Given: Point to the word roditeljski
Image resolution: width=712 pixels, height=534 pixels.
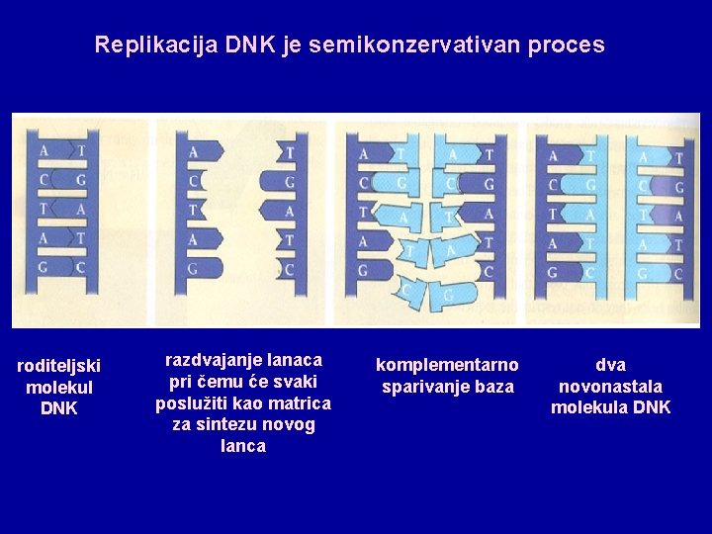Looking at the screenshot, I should [59, 366].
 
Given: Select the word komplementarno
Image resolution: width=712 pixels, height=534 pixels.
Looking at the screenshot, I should [447, 365].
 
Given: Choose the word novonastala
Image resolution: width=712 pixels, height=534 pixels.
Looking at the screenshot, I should [610, 386].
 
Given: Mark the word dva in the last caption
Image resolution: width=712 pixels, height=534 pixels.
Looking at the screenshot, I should [610, 365].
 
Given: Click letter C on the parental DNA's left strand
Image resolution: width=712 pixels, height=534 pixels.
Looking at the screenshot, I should [44, 180].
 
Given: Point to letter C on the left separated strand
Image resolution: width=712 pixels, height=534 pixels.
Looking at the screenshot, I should [193, 181].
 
